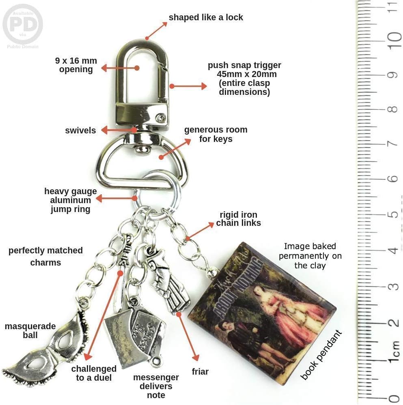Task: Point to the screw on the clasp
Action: tap(162, 118)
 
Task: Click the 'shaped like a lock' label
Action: tap(206, 17)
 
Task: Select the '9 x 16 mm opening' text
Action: tap(76, 65)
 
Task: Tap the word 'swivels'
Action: tap(80, 131)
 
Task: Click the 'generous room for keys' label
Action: tap(216, 135)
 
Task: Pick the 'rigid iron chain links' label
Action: tap(238, 219)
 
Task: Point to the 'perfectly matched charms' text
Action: tap(45, 256)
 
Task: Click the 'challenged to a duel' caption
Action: tap(94, 373)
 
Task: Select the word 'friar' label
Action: tap(200, 371)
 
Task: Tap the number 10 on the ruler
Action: tap(393, 40)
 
